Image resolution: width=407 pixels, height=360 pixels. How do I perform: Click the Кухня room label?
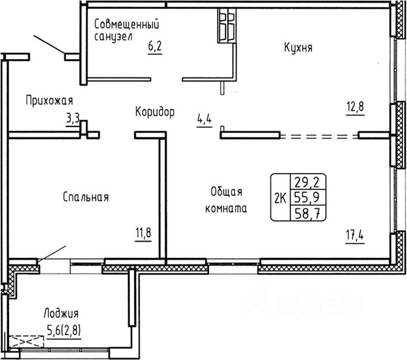pos(298,48)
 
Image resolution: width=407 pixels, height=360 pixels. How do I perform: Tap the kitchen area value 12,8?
pos(355,106)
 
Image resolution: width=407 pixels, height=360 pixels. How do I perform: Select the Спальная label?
pos(86,197)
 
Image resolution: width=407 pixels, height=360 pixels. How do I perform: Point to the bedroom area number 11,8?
pos(143,232)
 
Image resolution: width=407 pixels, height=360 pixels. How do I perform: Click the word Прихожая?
pos(50,100)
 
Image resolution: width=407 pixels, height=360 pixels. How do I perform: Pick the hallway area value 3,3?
pos(73,119)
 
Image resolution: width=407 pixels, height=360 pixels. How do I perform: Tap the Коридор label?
pos(155,112)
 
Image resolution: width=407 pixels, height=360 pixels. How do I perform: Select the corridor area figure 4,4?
pos(204,119)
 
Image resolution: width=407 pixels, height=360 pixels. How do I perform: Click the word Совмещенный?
pos(127,24)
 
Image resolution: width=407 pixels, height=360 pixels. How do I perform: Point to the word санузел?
pos(113,36)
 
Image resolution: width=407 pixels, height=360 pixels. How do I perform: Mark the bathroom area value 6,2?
pos(155,46)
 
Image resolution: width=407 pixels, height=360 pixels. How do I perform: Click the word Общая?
pos(226,192)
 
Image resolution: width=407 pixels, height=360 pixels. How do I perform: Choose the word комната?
pos(226,208)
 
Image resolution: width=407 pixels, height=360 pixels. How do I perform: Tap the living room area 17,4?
pos(354,236)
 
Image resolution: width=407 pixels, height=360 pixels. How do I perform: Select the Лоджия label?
pos(61,313)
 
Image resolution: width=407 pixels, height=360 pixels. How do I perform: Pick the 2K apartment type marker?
pos(280,199)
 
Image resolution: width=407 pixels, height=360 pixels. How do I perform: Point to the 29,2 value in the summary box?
pos(307,182)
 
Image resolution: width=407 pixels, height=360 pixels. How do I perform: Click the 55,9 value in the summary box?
pos(307,198)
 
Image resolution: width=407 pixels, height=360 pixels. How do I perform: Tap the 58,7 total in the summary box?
pos(307,214)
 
